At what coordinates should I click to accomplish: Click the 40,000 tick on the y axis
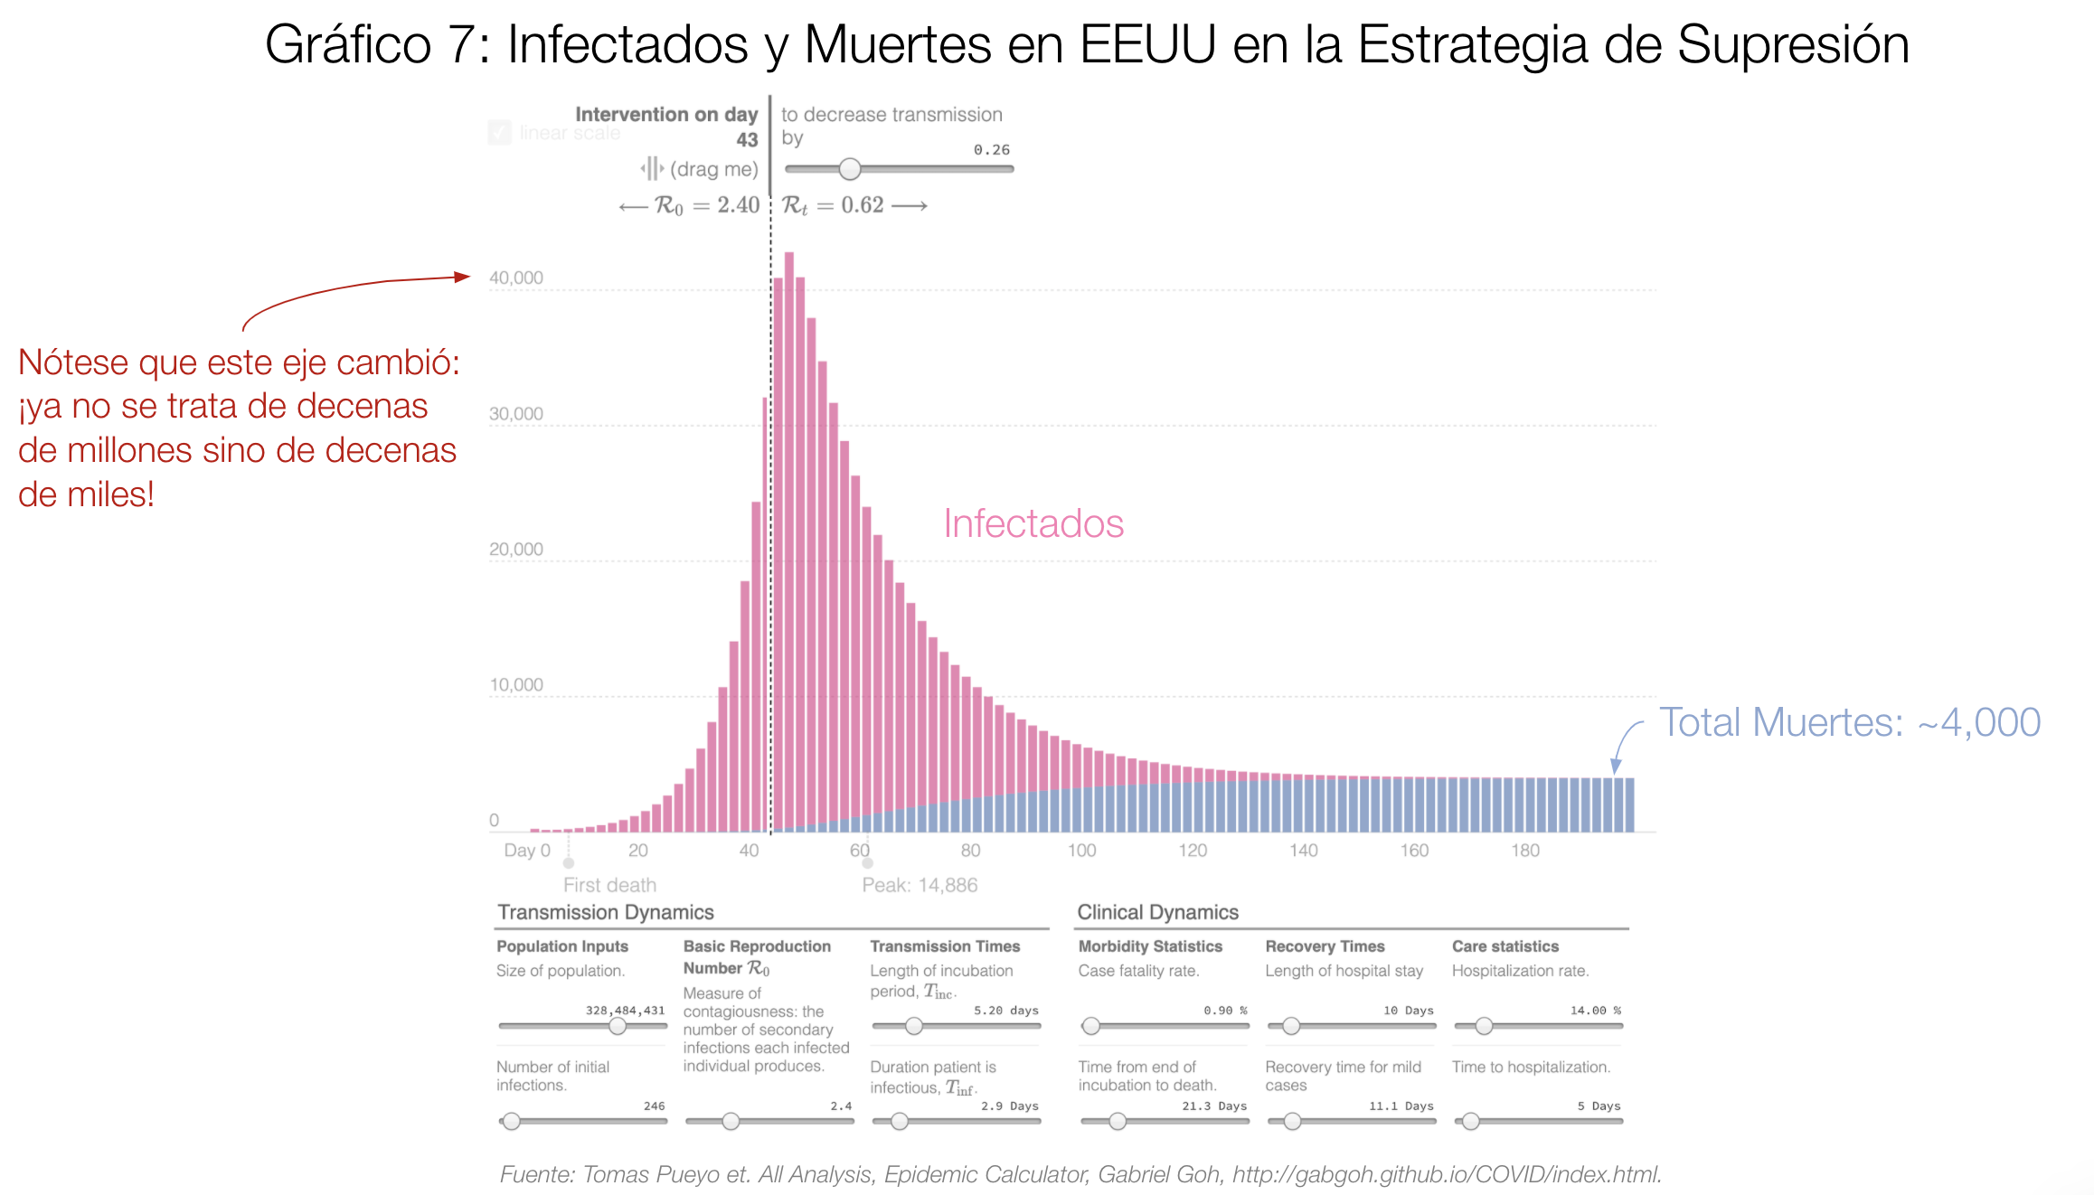point(516,278)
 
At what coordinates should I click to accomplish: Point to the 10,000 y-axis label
point(516,685)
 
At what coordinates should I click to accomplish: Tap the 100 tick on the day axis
point(1081,851)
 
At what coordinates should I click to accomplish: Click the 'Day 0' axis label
point(527,851)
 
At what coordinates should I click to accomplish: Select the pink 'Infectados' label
point(1033,524)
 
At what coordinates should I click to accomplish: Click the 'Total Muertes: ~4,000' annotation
point(1850,722)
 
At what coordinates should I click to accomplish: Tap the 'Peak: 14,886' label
point(920,886)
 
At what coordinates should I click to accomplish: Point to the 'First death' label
point(609,886)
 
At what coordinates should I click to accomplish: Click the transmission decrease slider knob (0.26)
point(850,169)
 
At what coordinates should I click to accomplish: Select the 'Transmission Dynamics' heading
point(606,913)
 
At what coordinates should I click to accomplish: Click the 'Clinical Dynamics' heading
point(1157,913)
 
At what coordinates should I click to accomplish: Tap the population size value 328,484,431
point(625,1011)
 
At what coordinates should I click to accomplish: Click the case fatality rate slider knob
point(1091,1026)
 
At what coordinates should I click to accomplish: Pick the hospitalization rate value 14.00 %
point(1595,1011)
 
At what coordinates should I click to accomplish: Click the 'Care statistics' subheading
point(1505,946)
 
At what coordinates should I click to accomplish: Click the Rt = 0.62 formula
point(834,206)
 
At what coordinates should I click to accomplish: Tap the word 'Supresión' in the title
point(1793,45)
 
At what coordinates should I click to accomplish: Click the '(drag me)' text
point(713,169)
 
